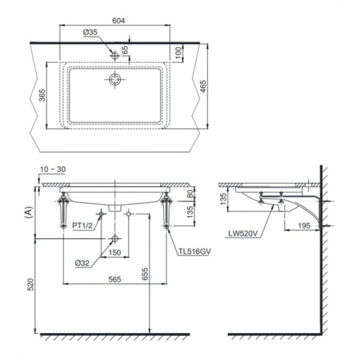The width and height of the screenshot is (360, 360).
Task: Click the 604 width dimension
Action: tap(119, 20)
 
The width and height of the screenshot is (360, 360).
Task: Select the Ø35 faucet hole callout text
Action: tap(90, 32)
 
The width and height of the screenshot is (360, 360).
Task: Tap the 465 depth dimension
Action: tap(204, 86)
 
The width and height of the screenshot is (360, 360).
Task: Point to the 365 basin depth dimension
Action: tap(42, 95)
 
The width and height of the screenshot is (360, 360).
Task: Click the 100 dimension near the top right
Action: tap(178, 53)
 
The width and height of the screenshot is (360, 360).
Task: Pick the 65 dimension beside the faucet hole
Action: tap(125, 50)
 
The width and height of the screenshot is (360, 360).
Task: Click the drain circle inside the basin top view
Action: tap(115, 79)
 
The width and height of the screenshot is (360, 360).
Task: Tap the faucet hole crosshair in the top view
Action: tap(115, 56)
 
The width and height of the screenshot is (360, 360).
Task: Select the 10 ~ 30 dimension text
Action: tap(53, 169)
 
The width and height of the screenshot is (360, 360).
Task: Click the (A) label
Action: tap(29, 212)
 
